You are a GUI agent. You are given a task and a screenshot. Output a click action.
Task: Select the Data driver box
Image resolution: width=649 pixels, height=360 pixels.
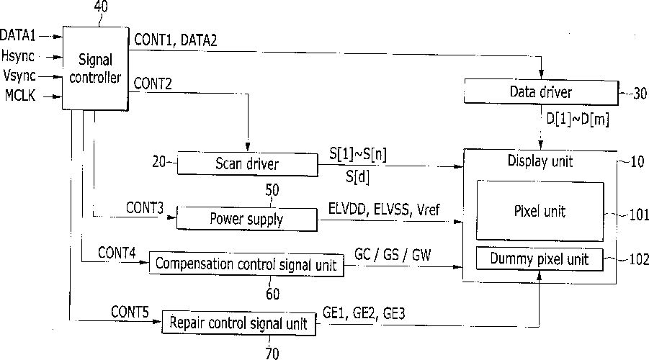(540, 92)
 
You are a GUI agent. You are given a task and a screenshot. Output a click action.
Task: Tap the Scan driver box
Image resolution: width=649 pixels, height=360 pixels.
(246, 163)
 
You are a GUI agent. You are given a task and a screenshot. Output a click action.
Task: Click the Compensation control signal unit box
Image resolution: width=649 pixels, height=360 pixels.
(246, 264)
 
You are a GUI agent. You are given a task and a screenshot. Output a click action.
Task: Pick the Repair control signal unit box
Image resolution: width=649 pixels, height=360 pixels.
(238, 323)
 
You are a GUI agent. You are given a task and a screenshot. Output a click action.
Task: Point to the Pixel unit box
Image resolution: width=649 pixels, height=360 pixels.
(540, 211)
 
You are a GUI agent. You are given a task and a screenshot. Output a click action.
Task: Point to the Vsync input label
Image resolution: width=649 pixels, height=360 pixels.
(19, 76)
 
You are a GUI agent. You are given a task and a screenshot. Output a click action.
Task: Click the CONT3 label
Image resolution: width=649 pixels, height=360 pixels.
(145, 208)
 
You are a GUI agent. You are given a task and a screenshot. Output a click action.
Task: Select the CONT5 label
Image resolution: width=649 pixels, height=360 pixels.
(130, 312)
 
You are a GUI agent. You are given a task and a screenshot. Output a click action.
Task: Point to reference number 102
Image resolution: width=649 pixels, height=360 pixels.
(638, 260)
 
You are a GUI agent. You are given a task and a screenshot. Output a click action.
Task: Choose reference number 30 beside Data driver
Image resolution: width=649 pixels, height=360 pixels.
(640, 93)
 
